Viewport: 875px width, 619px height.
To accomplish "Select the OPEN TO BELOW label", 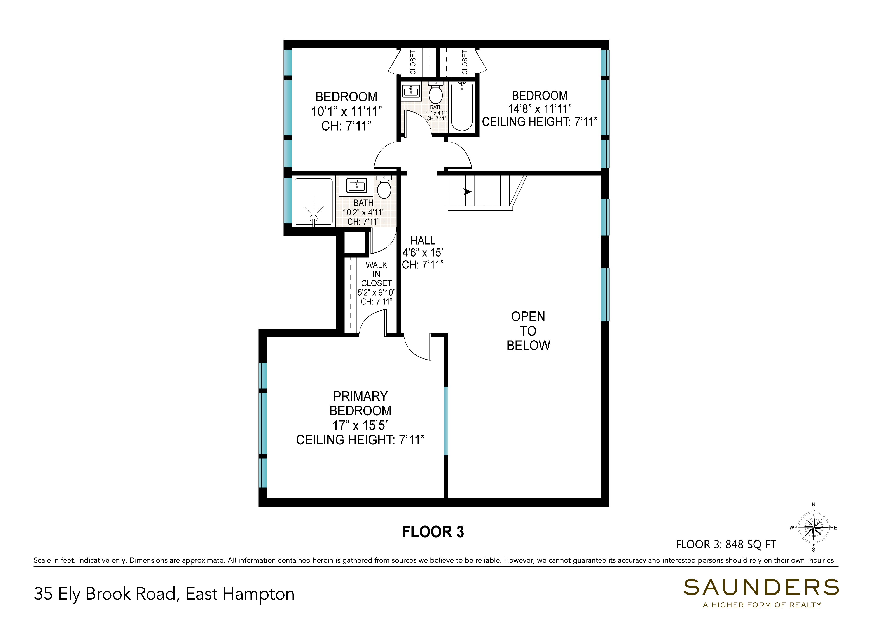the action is click(528, 331).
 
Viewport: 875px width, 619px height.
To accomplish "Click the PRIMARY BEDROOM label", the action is click(360, 403).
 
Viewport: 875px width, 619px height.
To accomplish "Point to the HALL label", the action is click(423, 241).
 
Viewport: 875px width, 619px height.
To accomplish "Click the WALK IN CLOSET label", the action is click(377, 274).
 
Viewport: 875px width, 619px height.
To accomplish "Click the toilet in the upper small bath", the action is click(436, 92).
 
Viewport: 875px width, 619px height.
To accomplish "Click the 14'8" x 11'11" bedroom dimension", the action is click(540, 109).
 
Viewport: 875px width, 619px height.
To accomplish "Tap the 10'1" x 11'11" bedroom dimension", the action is click(346, 112).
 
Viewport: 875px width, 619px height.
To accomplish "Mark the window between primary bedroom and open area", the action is click(446, 421).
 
